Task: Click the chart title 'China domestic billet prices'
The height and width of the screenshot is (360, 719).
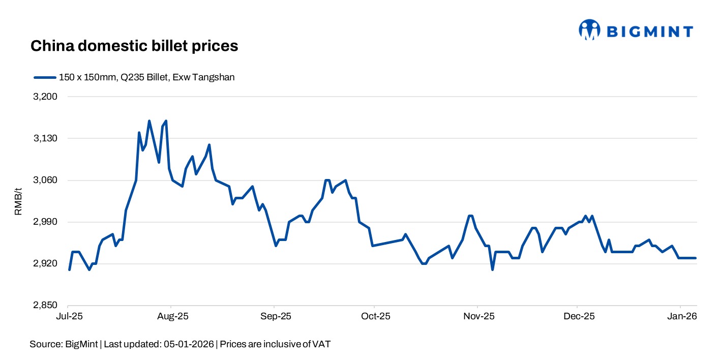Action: pos(134,46)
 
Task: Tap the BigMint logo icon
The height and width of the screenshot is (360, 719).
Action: pos(590,29)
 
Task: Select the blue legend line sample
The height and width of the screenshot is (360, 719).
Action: pos(44,77)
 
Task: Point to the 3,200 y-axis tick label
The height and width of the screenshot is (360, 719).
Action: pos(45,97)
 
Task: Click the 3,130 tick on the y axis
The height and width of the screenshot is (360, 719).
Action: pos(45,138)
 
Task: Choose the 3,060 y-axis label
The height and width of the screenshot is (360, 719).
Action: pos(45,181)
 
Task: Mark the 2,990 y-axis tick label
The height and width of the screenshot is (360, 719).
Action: pos(45,222)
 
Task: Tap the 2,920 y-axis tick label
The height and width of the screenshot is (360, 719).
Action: pos(45,264)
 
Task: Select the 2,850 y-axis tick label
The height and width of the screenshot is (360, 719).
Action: pos(45,306)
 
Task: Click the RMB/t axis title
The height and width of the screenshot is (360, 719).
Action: pos(18,201)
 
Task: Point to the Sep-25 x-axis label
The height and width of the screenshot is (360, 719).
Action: pos(275,316)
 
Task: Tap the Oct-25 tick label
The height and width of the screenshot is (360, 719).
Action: pos(375,316)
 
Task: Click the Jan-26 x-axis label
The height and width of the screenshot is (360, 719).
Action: pos(682,316)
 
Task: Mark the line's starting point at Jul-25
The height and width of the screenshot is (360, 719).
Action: pos(69,269)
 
